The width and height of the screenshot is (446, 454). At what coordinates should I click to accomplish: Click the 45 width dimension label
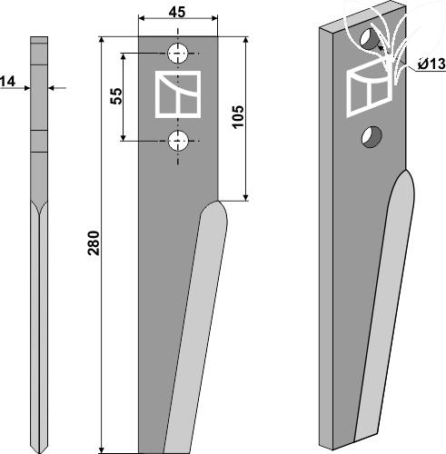click(x=177, y=12)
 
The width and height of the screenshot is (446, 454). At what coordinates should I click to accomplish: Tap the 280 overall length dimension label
click(x=94, y=242)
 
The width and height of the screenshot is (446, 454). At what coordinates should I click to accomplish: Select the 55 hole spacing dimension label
click(x=116, y=96)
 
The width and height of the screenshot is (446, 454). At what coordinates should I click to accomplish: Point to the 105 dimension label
click(x=238, y=117)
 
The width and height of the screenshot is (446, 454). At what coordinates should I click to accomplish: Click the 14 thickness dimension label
click(x=7, y=82)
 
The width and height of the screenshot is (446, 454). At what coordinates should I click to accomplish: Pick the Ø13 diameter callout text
click(x=431, y=64)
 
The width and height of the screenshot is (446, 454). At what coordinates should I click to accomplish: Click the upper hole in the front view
click(x=178, y=54)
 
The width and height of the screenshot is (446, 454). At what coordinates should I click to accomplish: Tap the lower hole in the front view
click(x=178, y=141)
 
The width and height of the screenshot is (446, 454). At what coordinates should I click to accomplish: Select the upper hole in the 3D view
click(x=370, y=39)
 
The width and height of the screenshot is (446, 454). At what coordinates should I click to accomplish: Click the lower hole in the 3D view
click(x=372, y=137)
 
